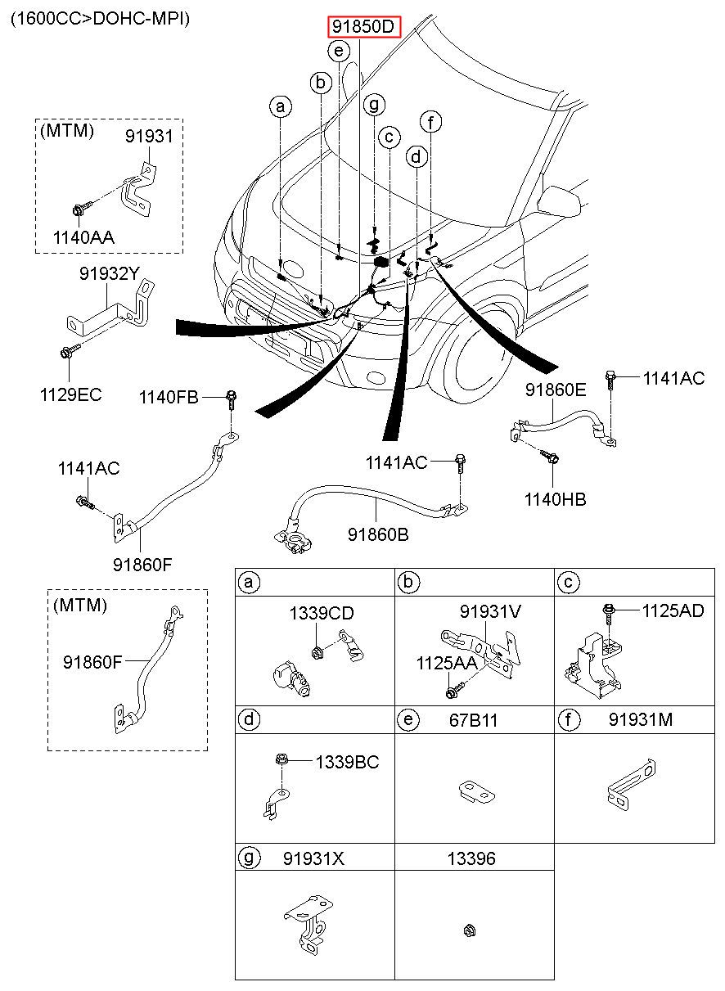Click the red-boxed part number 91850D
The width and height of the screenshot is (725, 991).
point(364,28)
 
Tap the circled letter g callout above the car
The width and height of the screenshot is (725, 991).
point(374,105)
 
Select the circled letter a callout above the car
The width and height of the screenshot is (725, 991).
point(280,106)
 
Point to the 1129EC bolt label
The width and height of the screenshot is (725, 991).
point(70,394)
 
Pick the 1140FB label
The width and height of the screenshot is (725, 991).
point(169,398)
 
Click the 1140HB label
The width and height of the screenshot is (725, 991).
point(556,499)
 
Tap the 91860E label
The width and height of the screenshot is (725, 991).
point(556,390)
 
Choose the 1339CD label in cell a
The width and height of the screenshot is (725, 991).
point(320,613)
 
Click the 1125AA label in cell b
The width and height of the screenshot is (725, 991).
point(446,663)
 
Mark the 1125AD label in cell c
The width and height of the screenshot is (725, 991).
point(673,610)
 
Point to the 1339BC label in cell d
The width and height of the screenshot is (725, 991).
point(348,762)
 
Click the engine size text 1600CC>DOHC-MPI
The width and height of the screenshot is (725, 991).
point(100,19)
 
